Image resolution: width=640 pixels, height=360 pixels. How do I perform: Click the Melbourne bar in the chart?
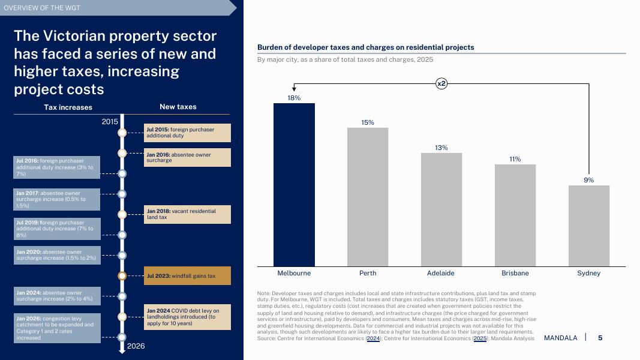click(294, 185)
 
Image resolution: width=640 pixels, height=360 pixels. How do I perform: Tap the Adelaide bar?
click(441, 209)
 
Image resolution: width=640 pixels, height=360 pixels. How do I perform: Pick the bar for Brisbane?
click(515, 215)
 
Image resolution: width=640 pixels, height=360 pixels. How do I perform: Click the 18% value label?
click(294, 98)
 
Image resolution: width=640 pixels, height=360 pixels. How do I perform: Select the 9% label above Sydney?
click(588, 180)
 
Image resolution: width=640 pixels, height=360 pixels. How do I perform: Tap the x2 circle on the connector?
click(441, 84)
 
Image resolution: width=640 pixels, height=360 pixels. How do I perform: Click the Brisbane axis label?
click(515, 273)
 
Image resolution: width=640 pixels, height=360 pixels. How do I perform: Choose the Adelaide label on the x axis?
click(441, 273)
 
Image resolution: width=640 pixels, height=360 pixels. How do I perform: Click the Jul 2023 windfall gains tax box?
click(188, 276)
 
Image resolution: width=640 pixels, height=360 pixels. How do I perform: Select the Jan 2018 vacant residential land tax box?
click(188, 214)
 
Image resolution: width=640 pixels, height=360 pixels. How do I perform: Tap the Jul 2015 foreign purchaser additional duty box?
click(188, 133)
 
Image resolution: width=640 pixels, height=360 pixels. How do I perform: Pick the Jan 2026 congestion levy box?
click(57, 328)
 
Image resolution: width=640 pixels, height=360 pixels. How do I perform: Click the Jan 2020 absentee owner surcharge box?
click(57, 255)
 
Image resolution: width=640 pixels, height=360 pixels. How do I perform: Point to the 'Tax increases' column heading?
click(68, 107)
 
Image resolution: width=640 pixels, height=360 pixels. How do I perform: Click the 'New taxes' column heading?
click(178, 107)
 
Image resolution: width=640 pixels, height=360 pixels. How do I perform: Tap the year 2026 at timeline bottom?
click(135, 346)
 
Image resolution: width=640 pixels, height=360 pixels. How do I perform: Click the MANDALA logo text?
click(560, 338)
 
